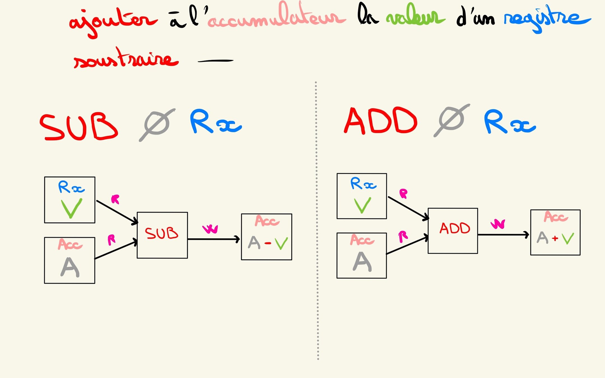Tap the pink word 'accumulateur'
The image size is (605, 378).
tap(276, 18)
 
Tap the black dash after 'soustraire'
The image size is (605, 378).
tap(215, 60)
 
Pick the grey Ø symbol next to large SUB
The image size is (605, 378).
tap(157, 125)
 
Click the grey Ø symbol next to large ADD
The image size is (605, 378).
tap(452, 120)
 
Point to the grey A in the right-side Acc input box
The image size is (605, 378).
tap(362, 262)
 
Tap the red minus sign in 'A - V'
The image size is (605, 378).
tap(268, 243)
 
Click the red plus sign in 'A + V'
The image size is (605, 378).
tap(555, 238)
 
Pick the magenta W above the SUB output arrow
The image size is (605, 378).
tap(210, 229)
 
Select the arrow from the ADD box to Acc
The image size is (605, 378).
tap(503, 235)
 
